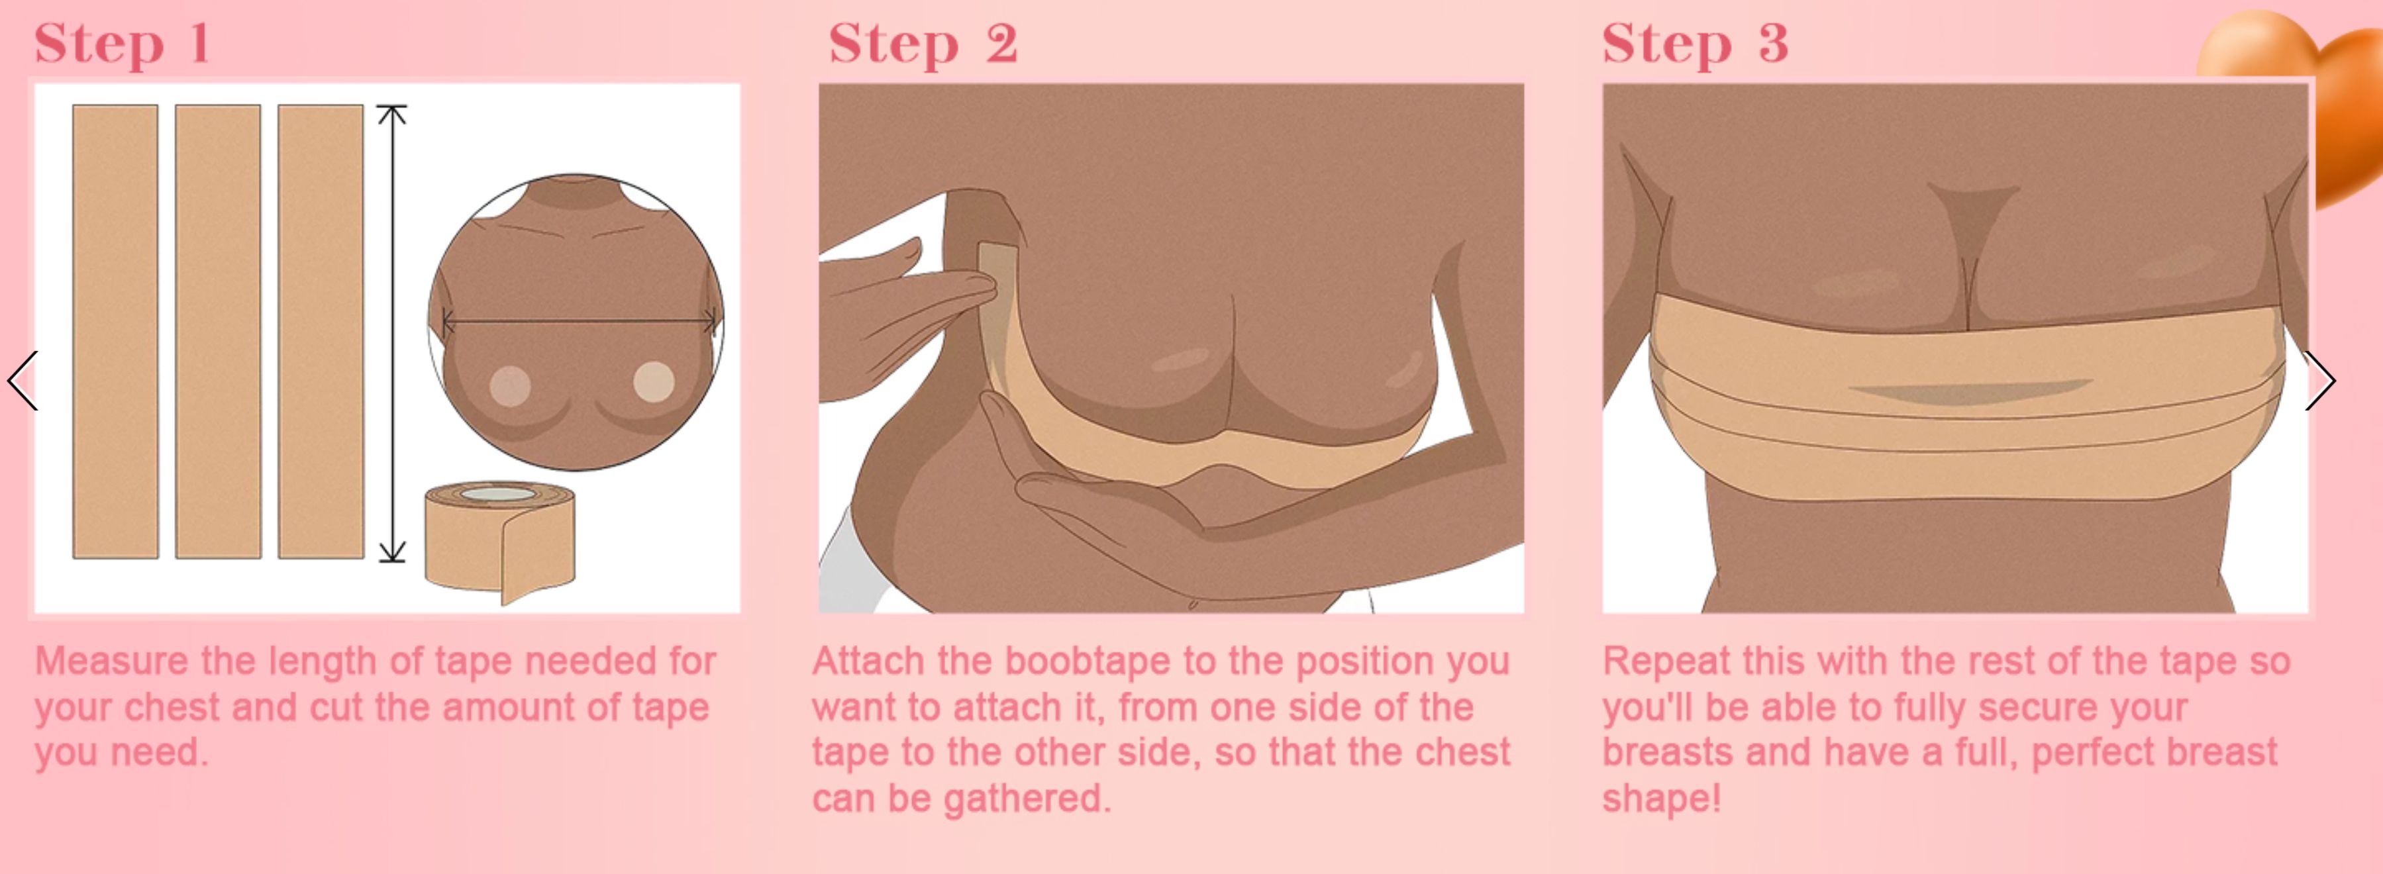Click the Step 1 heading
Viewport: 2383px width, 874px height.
click(122, 44)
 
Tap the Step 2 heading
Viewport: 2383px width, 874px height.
click(923, 44)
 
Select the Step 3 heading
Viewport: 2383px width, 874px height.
click(1696, 44)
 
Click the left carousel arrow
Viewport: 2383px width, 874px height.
click(23, 380)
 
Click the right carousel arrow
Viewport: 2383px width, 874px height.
click(2320, 380)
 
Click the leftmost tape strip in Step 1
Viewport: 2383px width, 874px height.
click(116, 331)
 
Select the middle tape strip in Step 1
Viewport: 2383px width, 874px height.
click(219, 331)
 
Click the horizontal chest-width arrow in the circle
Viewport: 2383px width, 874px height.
click(579, 322)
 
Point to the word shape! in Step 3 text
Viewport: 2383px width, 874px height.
click(1662, 798)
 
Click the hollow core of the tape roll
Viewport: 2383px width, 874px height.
click(497, 494)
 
